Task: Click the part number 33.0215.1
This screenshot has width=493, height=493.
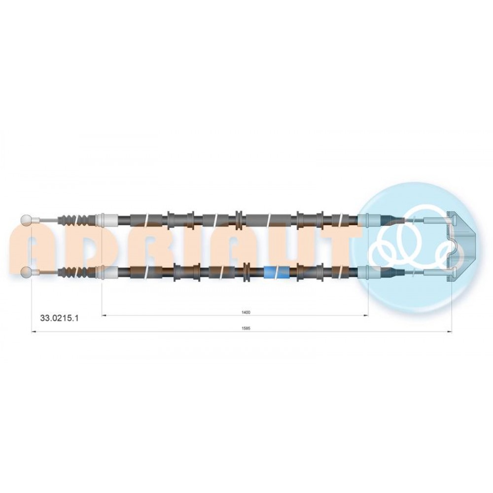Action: coord(60,318)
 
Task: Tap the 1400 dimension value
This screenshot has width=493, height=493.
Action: coord(246,312)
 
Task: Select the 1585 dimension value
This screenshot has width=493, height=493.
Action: coord(246,328)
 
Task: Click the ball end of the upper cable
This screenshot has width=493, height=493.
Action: coord(26,220)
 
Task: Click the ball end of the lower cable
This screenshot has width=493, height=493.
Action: coord(26,272)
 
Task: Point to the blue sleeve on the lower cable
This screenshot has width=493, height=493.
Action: coord(277,272)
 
